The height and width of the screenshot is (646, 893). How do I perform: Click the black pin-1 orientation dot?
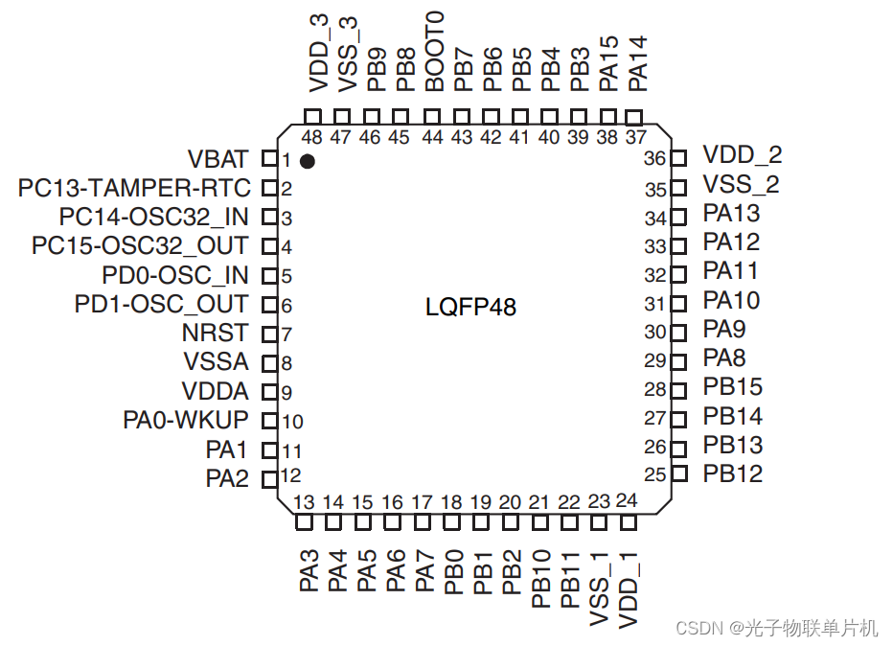point(307,161)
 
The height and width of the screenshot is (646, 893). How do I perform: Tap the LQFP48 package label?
point(470,308)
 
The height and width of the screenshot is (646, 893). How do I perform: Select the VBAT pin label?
point(218,159)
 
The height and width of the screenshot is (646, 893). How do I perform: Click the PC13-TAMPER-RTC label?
point(134,188)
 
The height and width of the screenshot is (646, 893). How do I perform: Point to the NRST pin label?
point(215,334)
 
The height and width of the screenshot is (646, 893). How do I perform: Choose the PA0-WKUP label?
point(186,420)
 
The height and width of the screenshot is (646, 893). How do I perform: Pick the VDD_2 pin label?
point(743,155)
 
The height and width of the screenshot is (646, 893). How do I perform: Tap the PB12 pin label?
point(733,473)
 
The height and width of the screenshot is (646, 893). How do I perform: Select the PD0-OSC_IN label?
point(175,276)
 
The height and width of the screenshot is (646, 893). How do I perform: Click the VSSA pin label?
point(216,362)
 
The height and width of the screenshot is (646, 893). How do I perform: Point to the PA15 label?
point(607,64)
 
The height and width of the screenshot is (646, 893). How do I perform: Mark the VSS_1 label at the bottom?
point(600,589)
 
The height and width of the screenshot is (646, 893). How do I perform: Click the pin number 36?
point(655,158)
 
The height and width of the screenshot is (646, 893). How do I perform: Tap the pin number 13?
point(304,502)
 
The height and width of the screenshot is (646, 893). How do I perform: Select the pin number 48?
point(312,137)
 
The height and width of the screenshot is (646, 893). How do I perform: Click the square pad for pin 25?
point(679,473)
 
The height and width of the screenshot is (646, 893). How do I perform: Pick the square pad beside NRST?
point(269,335)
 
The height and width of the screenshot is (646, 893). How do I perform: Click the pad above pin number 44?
point(433,117)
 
